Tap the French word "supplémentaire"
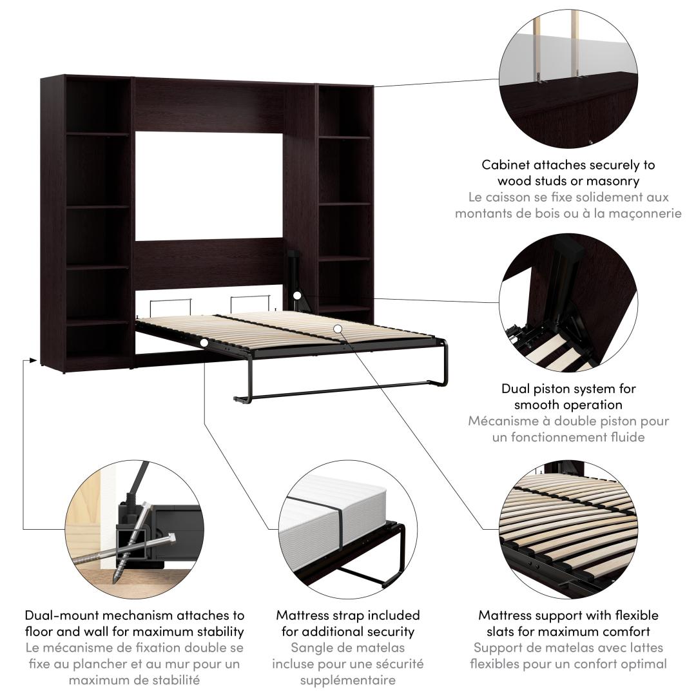347,680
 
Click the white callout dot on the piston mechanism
297,295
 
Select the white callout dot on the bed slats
338,329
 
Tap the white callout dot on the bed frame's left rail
204,343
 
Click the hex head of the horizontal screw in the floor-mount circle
171,539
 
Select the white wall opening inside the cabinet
209,186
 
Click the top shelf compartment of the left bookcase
98,105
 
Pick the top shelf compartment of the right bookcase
344,111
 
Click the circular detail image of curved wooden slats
568,529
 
